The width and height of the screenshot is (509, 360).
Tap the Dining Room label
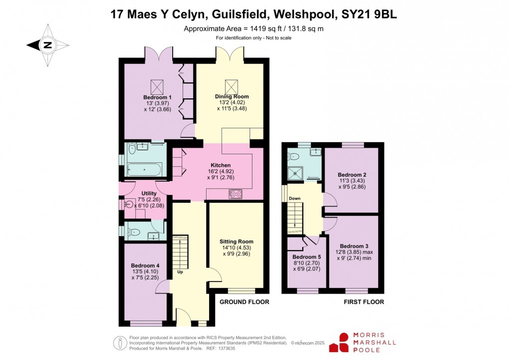[x=232, y=96]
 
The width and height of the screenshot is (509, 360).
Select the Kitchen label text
[x=220, y=165]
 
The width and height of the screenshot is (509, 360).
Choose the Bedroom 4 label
[x=145, y=265]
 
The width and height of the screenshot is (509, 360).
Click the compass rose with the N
[x=47, y=45]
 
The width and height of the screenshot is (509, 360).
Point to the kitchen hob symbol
[x=235, y=194]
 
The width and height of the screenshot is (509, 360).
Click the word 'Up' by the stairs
[x=180, y=272]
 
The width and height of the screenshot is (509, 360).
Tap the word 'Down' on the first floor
[x=294, y=198]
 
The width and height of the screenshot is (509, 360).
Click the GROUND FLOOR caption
[x=245, y=302]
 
